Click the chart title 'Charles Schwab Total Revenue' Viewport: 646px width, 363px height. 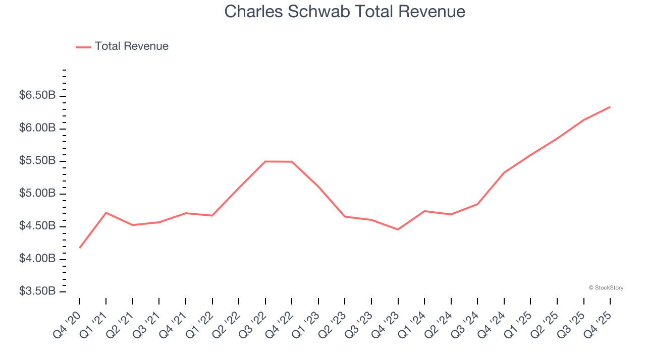pyautogui.click(x=345, y=12)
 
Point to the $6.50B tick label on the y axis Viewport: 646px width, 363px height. pyautogui.click(x=37, y=96)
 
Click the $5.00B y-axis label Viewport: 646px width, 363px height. pyautogui.click(x=37, y=194)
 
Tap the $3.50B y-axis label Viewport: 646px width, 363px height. pyautogui.click(x=37, y=291)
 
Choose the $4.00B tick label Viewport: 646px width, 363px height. pyautogui.click(x=37, y=259)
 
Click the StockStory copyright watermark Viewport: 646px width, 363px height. pyautogui.click(x=606, y=288)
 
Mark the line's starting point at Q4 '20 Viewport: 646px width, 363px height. pyautogui.click(x=80, y=248)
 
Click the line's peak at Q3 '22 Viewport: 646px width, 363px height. pyautogui.click(x=265, y=161)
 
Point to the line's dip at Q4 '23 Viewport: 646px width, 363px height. pyautogui.click(x=398, y=229)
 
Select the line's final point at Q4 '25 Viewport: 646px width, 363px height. pyautogui.click(x=610, y=107)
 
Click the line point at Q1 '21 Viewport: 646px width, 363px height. pyautogui.click(x=106, y=213)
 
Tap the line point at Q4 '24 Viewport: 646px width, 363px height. pyautogui.click(x=504, y=172)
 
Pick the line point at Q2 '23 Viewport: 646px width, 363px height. pyautogui.click(x=345, y=216)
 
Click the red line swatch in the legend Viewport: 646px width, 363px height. pyautogui.click(x=83, y=47)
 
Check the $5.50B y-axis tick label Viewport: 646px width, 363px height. pyautogui.click(x=37, y=161)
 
